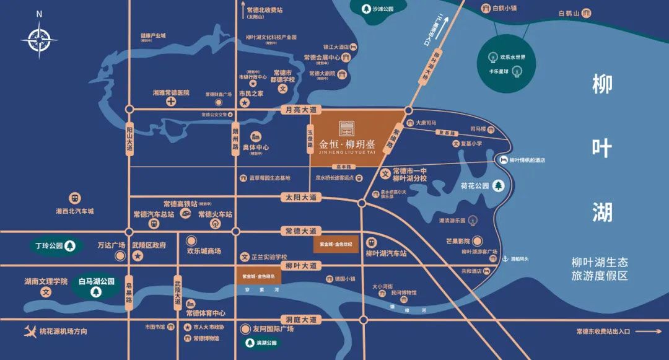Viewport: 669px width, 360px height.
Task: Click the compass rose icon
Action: point(39,40)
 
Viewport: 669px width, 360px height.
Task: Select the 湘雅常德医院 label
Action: point(170,93)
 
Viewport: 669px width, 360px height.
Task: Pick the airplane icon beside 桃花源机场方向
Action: point(28,331)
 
